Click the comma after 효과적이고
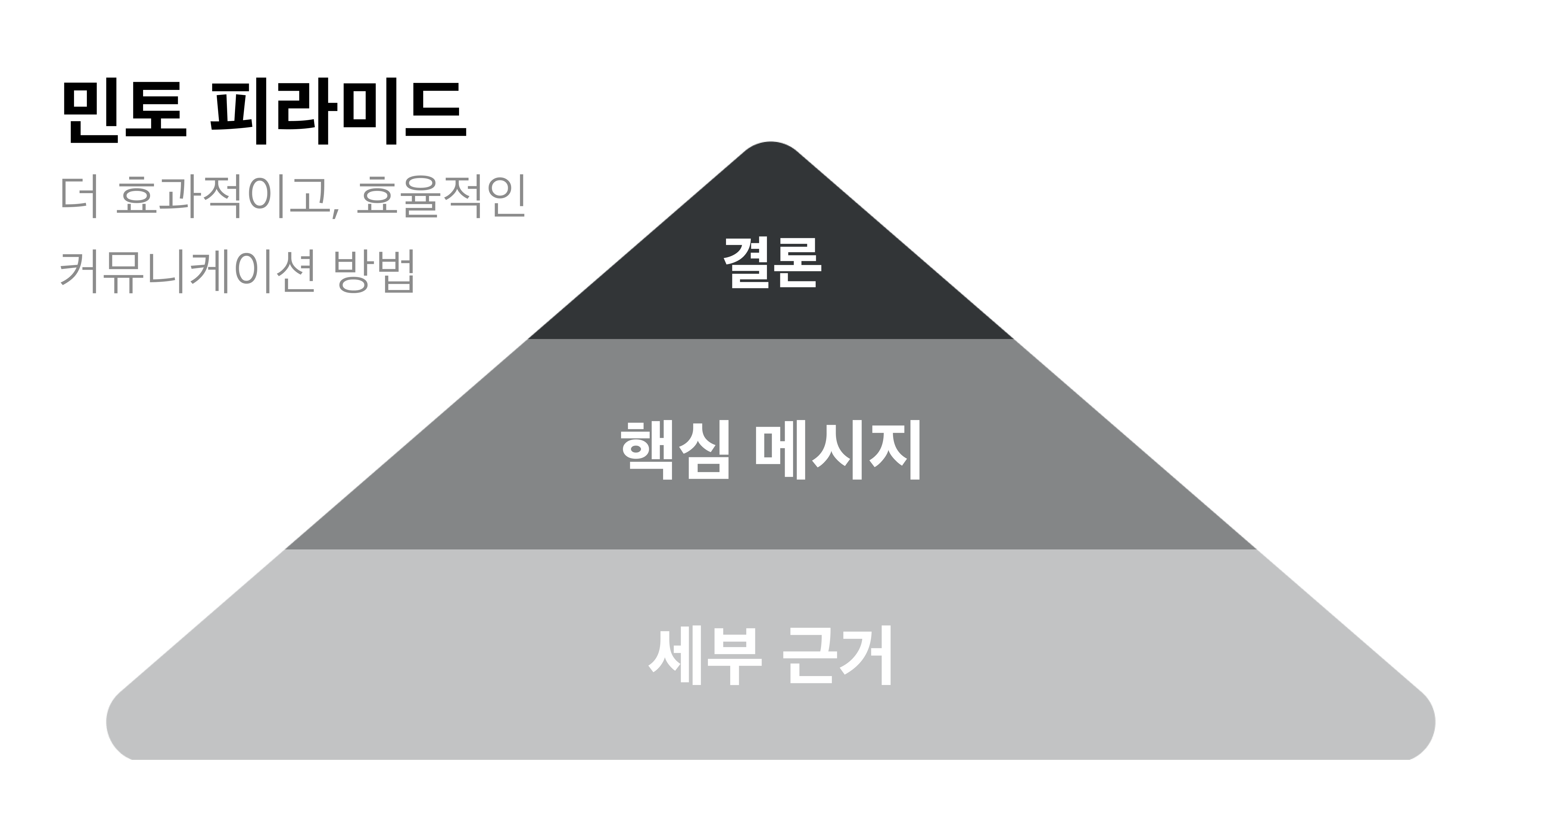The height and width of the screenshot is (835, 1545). [334, 210]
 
